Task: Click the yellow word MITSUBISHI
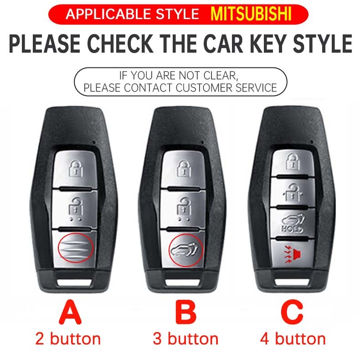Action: tap(251, 14)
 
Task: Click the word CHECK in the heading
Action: tap(120, 44)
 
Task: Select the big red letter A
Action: tap(70, 313)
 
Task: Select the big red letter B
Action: tap(186, 313)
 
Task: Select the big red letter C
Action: tap(292, 313)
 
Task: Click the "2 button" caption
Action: tap(68, 339)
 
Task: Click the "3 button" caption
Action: tap(185, 339)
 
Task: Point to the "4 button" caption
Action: tap(293, 339)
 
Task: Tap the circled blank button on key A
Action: tap(75, 248)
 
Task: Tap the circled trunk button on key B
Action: tap(184, 249)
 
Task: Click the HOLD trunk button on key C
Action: tap(293, 223)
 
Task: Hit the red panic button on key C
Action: tap(293, 254)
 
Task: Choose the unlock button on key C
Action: tap(293, 192)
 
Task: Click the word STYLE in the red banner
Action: tap(177, 14)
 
